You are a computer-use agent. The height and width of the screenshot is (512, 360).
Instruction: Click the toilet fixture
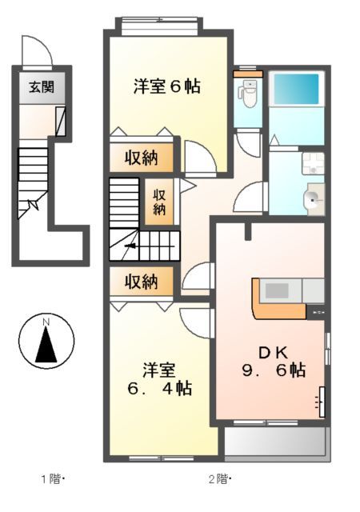click(x=250, y=95)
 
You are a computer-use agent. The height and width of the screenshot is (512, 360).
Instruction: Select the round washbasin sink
click(x=312, y=198)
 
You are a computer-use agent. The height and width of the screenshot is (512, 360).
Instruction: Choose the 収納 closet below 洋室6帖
click(x=141, y=158)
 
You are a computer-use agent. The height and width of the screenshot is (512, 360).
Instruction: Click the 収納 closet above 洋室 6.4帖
click(x=141, y=282)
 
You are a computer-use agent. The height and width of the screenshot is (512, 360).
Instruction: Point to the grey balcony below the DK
click(x=276, y=443)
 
